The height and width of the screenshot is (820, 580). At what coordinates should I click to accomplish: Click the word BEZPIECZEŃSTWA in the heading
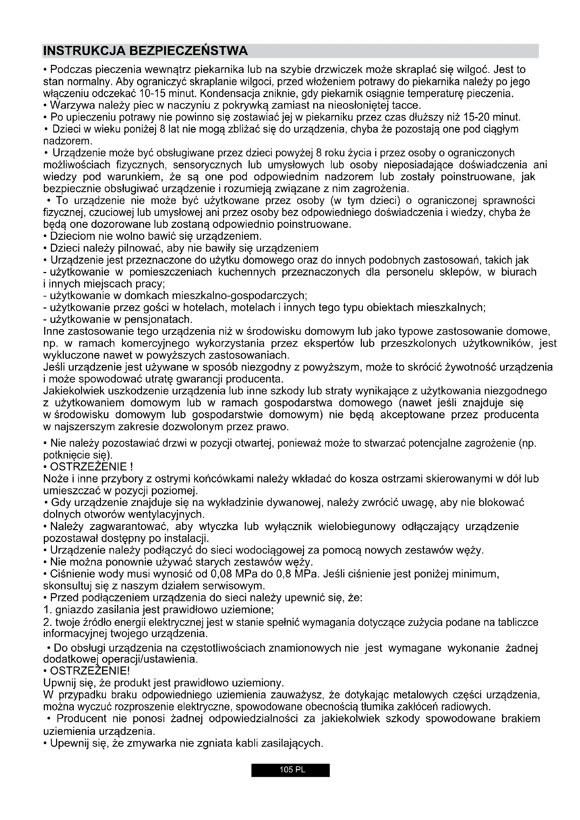(x=188, y=51)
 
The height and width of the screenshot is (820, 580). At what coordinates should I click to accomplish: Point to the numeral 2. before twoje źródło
(x=48, y=622)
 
